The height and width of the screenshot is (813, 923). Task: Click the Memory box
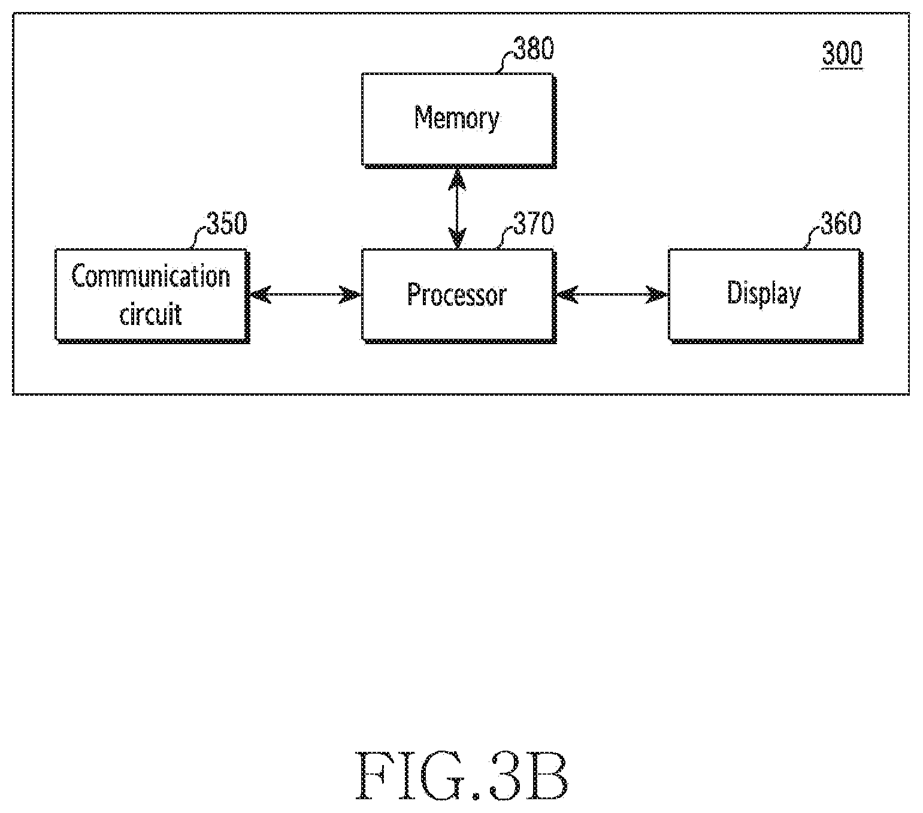coord(459,121)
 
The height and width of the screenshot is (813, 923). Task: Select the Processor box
coord(459,296)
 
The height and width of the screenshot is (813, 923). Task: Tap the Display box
coord(765,296)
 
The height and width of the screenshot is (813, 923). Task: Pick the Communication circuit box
coord(152,296)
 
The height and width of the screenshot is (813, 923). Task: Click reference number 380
coord(534,49)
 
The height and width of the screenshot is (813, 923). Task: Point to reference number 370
coord(534,224)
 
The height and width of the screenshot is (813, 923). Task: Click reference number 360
coord(840,224)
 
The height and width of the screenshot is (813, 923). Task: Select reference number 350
coord(227,224)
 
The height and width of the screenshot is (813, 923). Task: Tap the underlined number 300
coord(842,54)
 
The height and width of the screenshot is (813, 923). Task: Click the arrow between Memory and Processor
coord(457,209)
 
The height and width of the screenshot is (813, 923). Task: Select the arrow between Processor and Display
coord(612,294)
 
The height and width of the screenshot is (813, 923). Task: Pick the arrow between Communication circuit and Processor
coord(305,294)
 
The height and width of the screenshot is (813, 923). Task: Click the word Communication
coord(151,276)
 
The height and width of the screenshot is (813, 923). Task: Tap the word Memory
coord(456,119)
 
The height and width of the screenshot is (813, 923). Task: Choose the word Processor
coord(456,294)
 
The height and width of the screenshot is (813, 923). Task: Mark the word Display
coord(764,293)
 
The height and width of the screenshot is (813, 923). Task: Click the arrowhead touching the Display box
coord(658,294)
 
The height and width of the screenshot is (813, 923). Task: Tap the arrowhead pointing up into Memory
coord(457,179)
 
